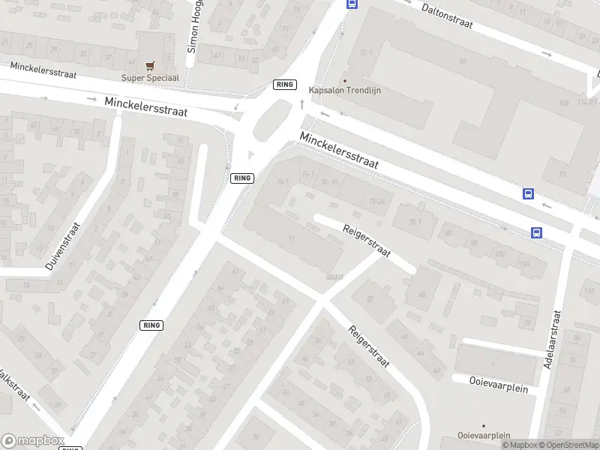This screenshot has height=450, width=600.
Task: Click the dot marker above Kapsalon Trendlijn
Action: (x=345, y=81)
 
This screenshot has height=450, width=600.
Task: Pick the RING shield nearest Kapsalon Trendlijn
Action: (x=285, y=85)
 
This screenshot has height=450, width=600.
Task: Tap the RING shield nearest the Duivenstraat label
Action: (x=151, y=325)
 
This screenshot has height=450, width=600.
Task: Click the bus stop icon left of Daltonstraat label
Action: (x=352, y=4)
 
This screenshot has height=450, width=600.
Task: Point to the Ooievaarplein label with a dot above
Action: (x=484, y=436)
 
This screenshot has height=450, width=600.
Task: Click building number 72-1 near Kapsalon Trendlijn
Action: (x=367, y=52)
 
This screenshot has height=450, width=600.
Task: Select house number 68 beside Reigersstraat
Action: (x=421, y=295)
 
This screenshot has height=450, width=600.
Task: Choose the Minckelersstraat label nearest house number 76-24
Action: (x=339, y=151)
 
